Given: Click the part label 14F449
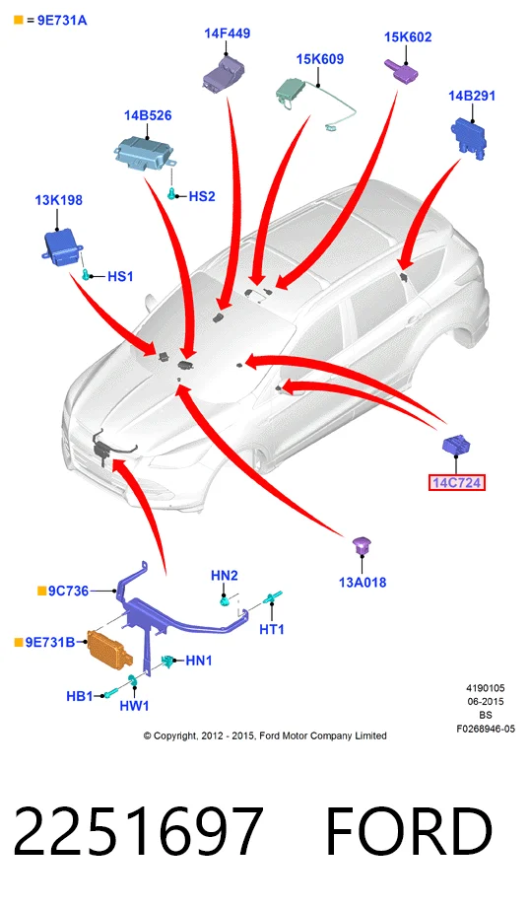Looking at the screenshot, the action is [x=227, y=34].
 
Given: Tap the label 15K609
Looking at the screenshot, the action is [x=319, y=59].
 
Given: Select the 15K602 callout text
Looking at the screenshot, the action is [x=408, y=37].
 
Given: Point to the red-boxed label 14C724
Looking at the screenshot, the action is [x=457, y=482].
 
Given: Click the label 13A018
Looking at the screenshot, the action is [x=363, y=583].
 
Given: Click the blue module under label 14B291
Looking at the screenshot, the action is [x=468, y=136].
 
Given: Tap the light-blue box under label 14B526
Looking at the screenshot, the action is [x=144, y=153].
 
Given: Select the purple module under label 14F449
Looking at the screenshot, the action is [x=224, y=72].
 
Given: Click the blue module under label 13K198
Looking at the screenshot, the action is [x=62, y=245].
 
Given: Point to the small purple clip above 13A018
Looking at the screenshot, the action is [x=362, y=544].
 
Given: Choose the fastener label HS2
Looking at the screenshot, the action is [x=201, y=196].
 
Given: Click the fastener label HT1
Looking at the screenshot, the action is [x=272, y=629].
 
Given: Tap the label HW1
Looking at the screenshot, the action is [x=134, y=705].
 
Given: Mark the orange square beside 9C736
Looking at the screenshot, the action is [x=41, y=591].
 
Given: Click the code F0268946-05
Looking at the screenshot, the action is [x=485, y=730].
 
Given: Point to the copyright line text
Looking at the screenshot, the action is [x=265, y=736].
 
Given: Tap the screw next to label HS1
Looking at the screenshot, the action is [x=87, y=274].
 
